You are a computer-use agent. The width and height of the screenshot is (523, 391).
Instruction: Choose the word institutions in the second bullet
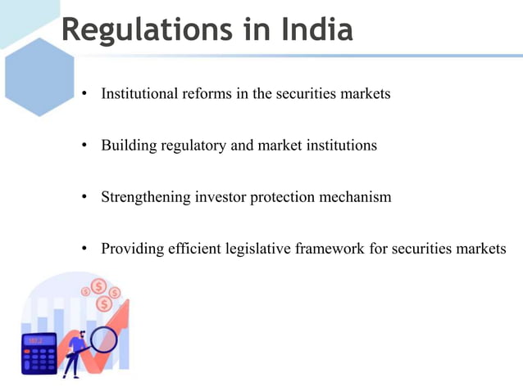340,146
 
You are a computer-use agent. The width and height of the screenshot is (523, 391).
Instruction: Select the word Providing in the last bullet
130,249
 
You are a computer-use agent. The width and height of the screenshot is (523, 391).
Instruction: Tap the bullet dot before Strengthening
84,198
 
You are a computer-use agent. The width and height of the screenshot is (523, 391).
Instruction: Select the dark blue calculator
39,353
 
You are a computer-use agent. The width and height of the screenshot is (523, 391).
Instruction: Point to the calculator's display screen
39,340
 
